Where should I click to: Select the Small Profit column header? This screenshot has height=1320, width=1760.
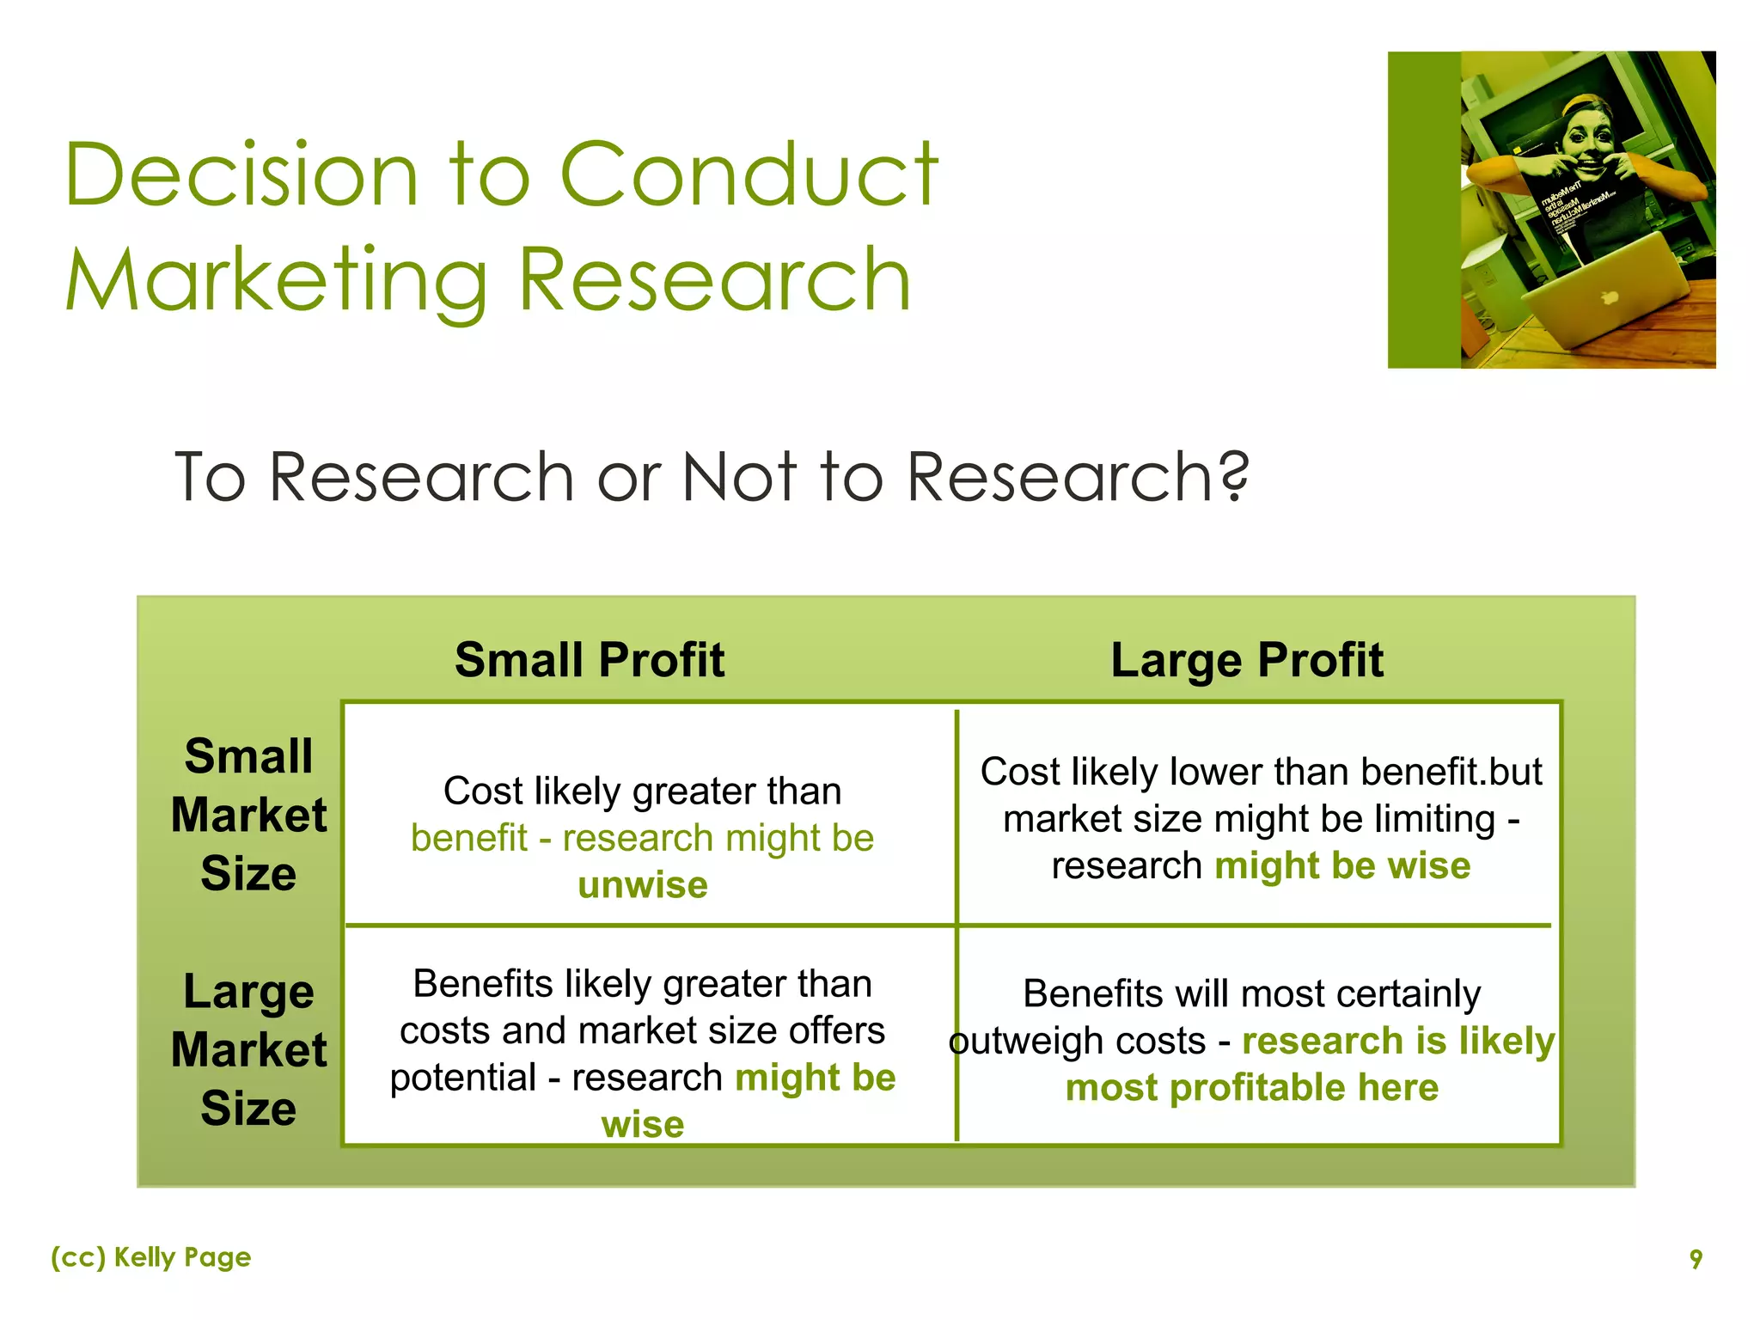click(x=590, y=660)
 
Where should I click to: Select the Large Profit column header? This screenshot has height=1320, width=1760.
click(x=1246, y=660)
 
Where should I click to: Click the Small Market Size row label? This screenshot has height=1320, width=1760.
click(x=248, y=815)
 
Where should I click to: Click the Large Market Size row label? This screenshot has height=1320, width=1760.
click(x=248, y=1049)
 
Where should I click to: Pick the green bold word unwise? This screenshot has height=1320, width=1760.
click(x=643, y=885)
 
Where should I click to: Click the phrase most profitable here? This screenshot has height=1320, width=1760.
click(x=1251, y=1088)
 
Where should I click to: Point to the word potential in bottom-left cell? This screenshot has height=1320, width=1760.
click(x=463, y=1078)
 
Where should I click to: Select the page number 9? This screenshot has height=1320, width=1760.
click(x=1695, y=1259)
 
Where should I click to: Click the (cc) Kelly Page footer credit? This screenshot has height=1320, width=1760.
click(x=151, y=1257)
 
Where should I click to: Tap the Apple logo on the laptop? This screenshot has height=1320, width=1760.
click(x=1609, y=298)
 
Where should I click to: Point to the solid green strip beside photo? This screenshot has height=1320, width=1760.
click(x=1423, y=211)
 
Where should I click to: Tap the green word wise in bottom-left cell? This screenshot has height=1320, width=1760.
click(x=643, y=1125)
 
